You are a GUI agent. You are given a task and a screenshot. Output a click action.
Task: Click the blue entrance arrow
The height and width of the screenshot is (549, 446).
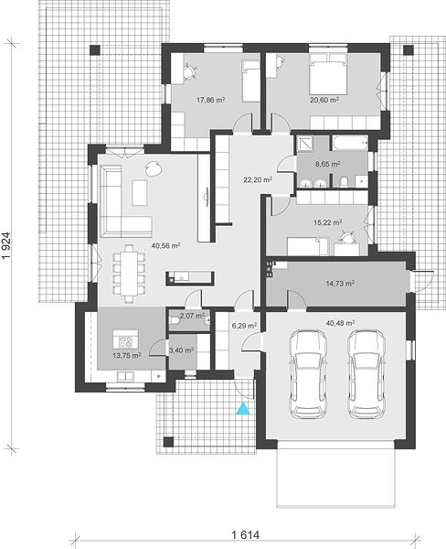[243, 409]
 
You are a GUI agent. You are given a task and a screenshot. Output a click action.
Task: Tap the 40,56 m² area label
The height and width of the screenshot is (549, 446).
[165, 246]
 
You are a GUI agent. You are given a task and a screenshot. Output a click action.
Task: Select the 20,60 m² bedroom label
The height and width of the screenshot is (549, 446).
[324, 100]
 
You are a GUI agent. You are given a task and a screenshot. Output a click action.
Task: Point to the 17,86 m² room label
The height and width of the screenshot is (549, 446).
[210, 100]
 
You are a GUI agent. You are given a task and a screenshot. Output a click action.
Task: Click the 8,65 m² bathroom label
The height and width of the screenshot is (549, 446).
[327, 164]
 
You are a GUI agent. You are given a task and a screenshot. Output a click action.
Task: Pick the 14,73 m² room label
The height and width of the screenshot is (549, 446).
[340, 284]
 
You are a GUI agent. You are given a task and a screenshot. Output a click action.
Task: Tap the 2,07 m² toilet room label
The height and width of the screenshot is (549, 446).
[192, 316]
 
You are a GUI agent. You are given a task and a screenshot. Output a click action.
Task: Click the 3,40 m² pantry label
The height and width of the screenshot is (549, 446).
[181, 350]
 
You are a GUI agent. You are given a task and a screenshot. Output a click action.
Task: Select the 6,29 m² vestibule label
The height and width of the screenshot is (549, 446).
[244, 326]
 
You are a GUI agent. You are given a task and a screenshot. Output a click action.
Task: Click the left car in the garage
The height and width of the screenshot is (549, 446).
[308, 374]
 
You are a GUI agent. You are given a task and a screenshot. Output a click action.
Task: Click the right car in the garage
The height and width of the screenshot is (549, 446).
[366, 374]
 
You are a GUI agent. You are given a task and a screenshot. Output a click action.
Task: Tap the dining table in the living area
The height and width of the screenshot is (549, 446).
[129, 273]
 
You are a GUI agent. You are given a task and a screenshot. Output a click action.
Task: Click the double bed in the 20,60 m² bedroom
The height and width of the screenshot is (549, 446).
[329, 74]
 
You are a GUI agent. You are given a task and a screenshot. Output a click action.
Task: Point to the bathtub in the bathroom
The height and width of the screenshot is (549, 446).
[349, 144]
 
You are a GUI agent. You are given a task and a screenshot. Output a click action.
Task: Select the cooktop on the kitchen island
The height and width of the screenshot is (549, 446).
[125, 341]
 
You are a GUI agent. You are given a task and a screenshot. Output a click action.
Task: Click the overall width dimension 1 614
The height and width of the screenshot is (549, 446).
[246, 535]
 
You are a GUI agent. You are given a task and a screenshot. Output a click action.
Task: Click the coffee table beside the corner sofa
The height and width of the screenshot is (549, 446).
[140, 192]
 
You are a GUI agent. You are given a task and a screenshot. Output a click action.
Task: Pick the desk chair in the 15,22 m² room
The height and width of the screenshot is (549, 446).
[347, 237]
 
